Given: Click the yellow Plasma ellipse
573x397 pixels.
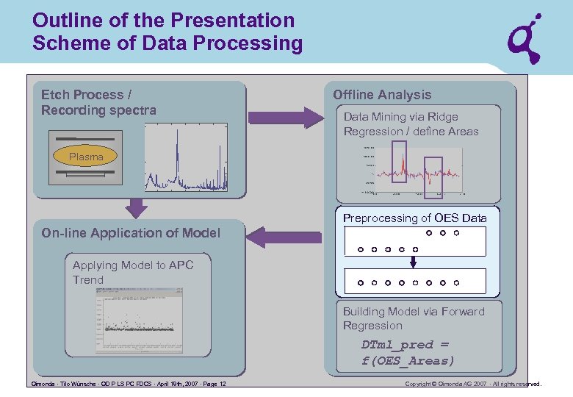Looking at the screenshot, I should point(86,157).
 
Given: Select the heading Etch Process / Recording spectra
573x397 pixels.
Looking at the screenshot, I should point(98,102).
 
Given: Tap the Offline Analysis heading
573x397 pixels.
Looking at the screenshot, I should point(382,95).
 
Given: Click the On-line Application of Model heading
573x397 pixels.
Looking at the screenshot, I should point(131,233).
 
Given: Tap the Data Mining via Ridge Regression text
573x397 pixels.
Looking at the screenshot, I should point(411,124).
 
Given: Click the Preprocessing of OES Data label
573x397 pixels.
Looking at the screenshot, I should point(414,218).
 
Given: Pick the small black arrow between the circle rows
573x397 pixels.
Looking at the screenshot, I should point(414,262).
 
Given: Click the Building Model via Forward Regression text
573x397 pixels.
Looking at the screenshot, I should point(414,318).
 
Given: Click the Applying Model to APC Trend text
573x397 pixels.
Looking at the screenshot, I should point(133,272).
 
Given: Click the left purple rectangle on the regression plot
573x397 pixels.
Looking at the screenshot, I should point(398,161).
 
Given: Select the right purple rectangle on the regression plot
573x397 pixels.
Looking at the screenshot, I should point(434,177).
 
